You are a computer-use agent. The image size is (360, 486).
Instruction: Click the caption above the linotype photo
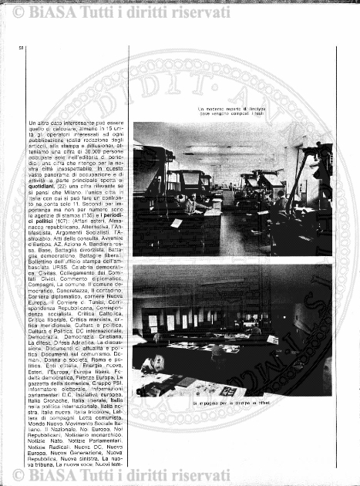pyautogui.click(x=232, y=113)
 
